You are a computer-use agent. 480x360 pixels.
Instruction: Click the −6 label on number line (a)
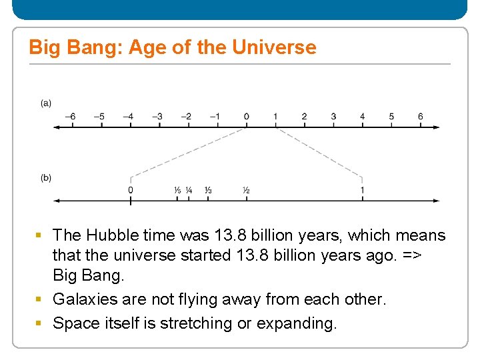70,117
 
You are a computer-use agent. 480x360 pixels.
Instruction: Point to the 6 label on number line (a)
420,117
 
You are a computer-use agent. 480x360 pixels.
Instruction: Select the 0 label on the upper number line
246,117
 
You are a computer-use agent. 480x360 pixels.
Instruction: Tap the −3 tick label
157,117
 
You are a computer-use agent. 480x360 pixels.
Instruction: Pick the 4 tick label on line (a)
362,117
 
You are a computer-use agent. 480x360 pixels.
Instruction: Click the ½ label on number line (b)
246,191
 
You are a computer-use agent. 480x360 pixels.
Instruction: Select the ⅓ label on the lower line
208,191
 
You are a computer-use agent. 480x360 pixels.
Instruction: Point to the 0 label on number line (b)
131,191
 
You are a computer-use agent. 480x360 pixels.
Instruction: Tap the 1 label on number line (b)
362,191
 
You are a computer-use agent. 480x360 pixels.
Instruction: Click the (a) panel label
46,103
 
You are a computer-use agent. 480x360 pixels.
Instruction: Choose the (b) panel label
46,177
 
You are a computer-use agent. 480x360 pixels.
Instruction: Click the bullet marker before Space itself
39,323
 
